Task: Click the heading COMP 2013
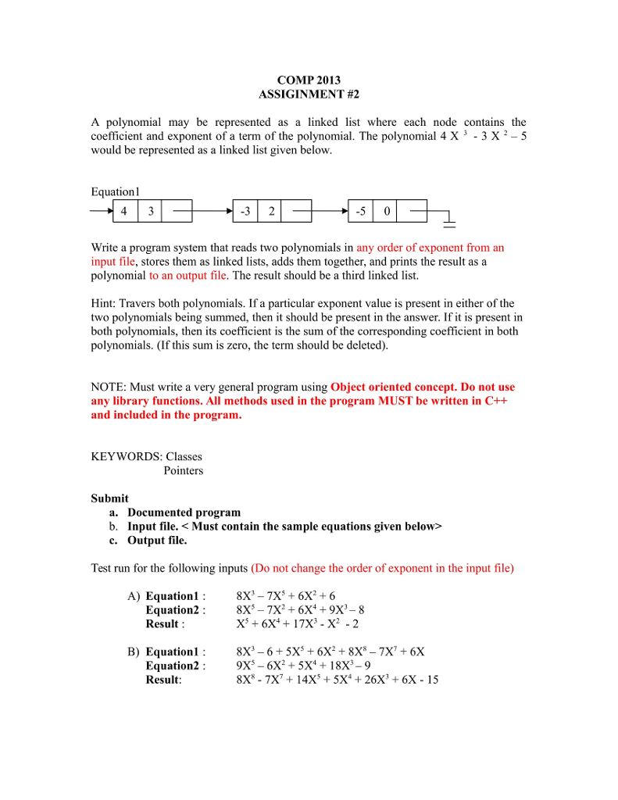(309, 80)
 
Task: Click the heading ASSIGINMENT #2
(309, 95)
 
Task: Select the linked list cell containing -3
(245, 211)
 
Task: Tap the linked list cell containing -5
(360, 211)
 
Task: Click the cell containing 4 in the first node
(124, 211)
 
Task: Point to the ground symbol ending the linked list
(449, 221)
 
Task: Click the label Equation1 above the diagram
(115, 191)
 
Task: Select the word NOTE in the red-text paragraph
(108, 387)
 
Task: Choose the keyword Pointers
(183, 470)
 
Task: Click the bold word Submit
(110, 498)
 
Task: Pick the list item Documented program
(184, 512)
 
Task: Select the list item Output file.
(157, 540)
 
